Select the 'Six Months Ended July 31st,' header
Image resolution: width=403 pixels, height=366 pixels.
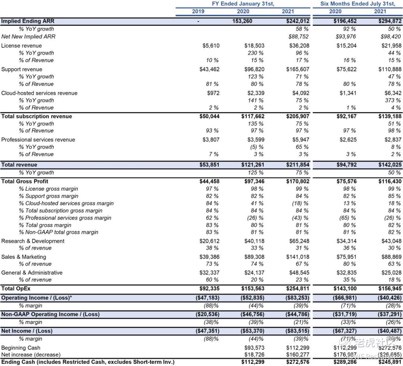357,4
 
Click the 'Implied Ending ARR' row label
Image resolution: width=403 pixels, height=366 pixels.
28,21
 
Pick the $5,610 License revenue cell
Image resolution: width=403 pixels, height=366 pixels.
211,46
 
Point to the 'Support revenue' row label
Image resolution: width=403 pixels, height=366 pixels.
22,69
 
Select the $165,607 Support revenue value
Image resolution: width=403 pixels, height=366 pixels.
297,69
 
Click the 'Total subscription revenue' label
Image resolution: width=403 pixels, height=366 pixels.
37,116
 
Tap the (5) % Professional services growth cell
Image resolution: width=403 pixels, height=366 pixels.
256,147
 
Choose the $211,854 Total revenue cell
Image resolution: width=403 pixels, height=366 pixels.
297,165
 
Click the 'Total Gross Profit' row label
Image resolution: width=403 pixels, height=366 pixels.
25,181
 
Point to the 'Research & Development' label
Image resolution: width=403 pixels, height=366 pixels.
33,241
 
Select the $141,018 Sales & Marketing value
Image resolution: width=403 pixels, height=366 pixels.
297,257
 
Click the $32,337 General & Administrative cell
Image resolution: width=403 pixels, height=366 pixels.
209,273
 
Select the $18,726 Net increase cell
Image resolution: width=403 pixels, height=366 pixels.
254,354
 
